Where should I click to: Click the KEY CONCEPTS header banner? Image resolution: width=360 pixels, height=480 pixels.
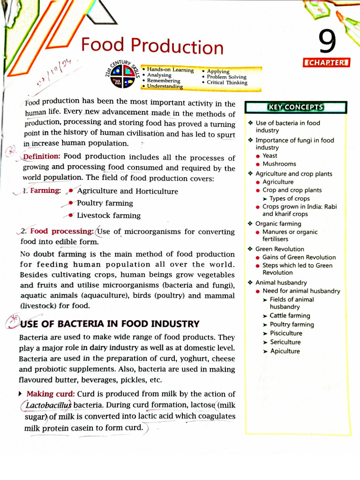point(295,107)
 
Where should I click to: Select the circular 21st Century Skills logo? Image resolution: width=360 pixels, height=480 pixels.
point(122,76)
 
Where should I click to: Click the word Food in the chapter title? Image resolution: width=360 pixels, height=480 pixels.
point(103,45)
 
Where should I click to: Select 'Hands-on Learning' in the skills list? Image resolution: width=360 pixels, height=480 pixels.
point(170,70)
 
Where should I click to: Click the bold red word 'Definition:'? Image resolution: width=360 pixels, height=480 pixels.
point(41,157)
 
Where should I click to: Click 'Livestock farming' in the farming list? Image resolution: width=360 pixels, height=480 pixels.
point(108,216)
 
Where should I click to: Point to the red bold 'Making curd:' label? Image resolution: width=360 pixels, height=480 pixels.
point(51,394)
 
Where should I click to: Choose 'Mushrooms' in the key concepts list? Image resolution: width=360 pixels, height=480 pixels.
point(279,164)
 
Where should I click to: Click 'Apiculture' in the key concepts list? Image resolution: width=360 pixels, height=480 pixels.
point(285,351)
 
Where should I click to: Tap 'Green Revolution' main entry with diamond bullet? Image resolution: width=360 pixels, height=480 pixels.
point(279,249)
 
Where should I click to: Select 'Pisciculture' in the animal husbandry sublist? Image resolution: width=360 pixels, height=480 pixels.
point(286,333)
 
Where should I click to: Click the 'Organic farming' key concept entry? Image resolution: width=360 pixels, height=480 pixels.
point(278,224)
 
